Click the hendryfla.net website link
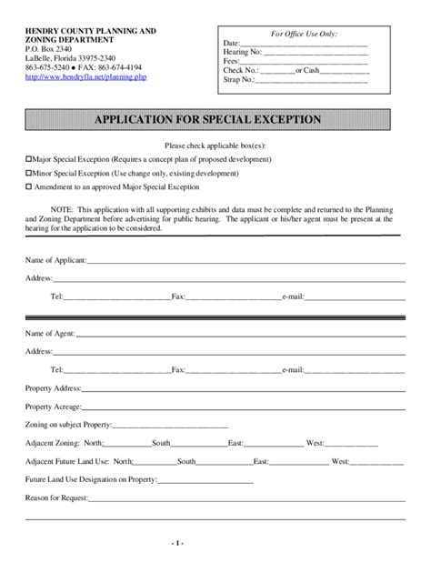[85, 76]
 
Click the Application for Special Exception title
[215, 119]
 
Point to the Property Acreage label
[53, 406]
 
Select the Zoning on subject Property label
[67, 424]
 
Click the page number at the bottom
[215, 543]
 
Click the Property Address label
[54, 387]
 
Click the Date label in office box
[231, 43]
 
